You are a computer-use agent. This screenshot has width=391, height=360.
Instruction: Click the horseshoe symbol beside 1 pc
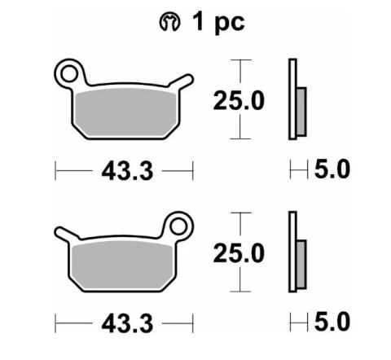pos(171,22)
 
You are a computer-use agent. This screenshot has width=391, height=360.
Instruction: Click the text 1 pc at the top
pos(217,21)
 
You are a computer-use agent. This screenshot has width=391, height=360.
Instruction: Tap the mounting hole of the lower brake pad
pos(178,225)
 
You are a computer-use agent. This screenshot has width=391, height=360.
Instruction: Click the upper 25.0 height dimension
pos(239,101)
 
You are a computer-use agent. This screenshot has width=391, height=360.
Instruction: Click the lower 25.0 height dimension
pos(239,253)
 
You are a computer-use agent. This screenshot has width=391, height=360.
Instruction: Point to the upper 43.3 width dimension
pos(123,170)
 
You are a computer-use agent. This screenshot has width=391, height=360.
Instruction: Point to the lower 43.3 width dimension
pos(123,323)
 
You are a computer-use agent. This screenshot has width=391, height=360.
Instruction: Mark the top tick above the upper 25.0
pos(238,61)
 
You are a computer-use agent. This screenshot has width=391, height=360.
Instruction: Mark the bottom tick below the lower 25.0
pos(238,291)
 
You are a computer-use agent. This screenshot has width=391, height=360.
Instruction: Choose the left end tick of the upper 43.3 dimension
pos(55,170)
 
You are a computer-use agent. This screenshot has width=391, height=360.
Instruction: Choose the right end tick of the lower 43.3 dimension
pos(192,323)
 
